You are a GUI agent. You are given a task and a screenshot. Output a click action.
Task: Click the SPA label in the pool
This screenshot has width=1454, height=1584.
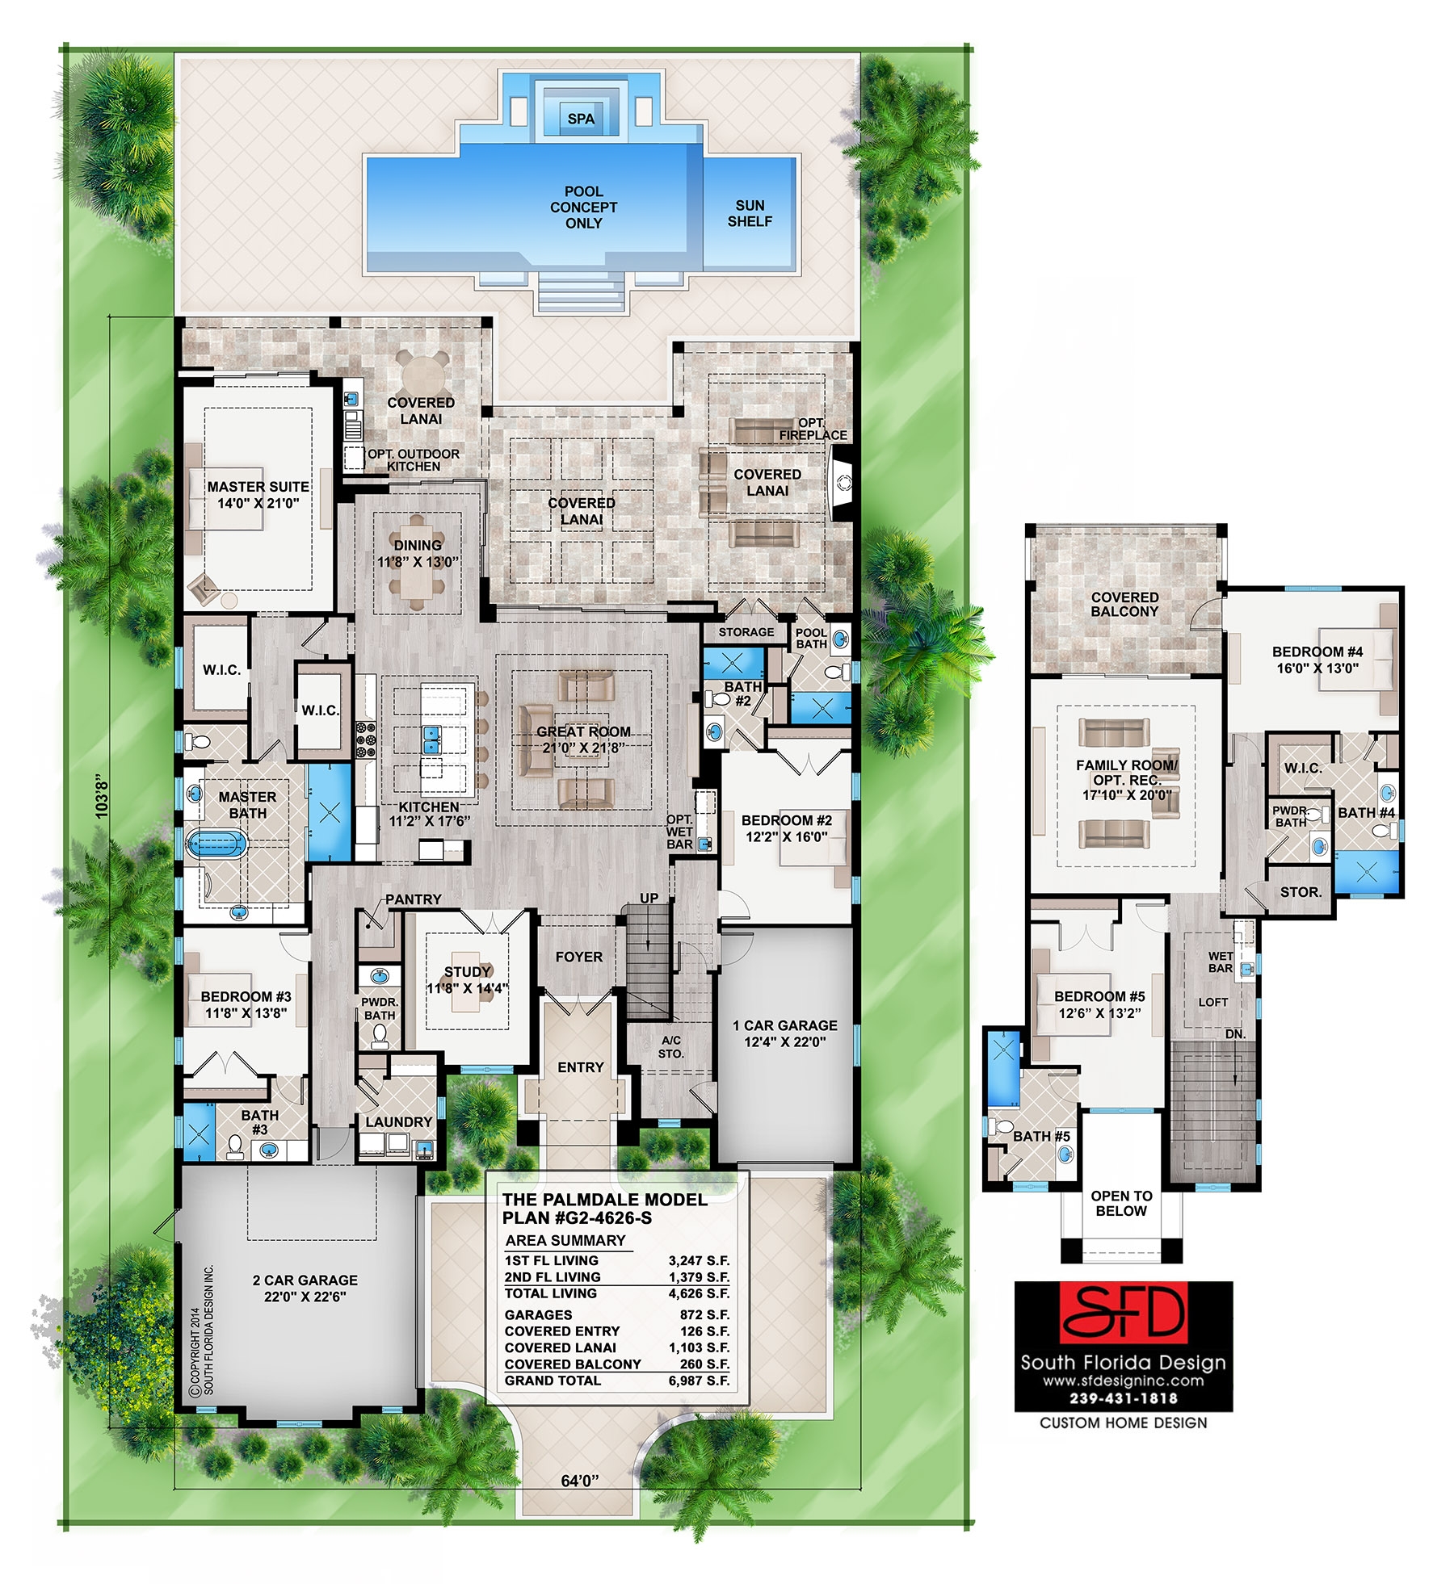click(x=581, y=119)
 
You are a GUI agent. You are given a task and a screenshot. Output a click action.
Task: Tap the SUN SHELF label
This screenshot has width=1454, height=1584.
click(x=750, y=213)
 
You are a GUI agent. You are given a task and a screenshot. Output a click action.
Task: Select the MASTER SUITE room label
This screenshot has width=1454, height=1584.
click(x=258, y=494)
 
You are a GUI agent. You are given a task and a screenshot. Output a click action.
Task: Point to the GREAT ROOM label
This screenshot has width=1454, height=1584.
click(x=583, y=739)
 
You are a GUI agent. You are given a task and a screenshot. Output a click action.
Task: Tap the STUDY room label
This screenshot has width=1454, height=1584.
click(x=468, y=978)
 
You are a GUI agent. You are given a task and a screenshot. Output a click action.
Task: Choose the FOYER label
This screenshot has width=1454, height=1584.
click(x=579, y=957)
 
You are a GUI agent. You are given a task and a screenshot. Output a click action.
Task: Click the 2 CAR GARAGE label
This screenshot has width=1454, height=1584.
click(x=305, y=1288)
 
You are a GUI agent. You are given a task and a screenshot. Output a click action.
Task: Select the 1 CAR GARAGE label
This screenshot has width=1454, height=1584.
click(x=784, y=1033)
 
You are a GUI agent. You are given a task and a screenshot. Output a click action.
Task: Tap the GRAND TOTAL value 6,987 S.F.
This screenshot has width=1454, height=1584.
click(x=699, y=1381)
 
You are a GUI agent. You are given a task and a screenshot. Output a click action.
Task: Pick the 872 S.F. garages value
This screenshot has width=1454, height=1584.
click(x=704, y=1314)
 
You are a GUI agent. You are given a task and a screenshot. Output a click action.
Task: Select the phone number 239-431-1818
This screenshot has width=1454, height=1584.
click(x=1123, y=1398)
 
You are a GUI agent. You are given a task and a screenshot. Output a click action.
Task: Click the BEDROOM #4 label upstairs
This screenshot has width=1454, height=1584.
click(x=1317, y=659)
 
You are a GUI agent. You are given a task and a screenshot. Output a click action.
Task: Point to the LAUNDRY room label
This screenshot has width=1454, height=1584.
click(x=398, y=1121)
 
